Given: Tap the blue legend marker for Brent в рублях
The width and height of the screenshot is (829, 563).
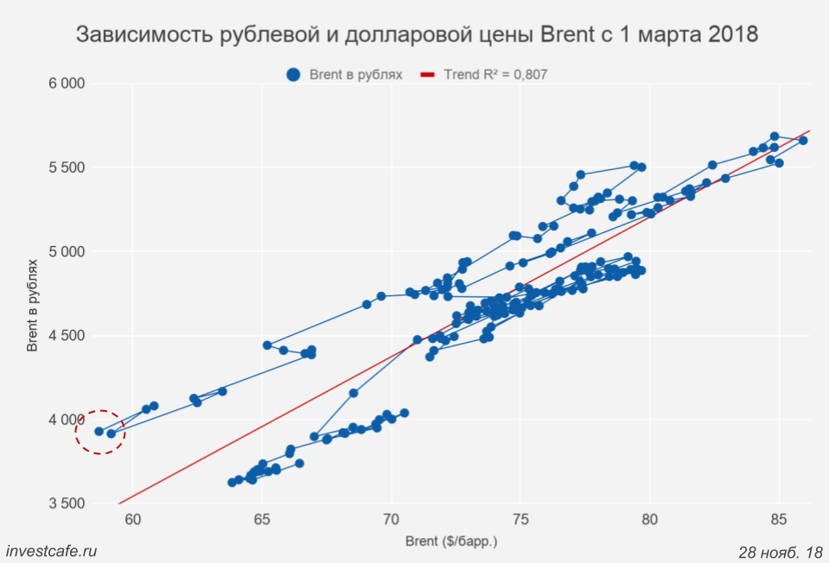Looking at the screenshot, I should click(294, 75).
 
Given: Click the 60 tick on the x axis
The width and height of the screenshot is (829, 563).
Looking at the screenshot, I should click(133, 519).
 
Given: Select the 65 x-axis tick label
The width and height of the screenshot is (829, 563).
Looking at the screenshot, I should click(262, 519).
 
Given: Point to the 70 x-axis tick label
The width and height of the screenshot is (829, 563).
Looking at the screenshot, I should click(392, 519).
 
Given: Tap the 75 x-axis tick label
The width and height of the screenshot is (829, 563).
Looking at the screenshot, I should click(521, 519).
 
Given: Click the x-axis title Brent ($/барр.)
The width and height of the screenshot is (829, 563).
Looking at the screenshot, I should click(451, 542).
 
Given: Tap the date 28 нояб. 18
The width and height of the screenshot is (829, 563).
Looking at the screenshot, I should click(780, 552).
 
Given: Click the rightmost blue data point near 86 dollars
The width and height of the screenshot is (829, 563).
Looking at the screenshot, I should click(803, 141).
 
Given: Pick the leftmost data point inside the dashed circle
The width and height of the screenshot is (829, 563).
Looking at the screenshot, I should click(99, 431).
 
